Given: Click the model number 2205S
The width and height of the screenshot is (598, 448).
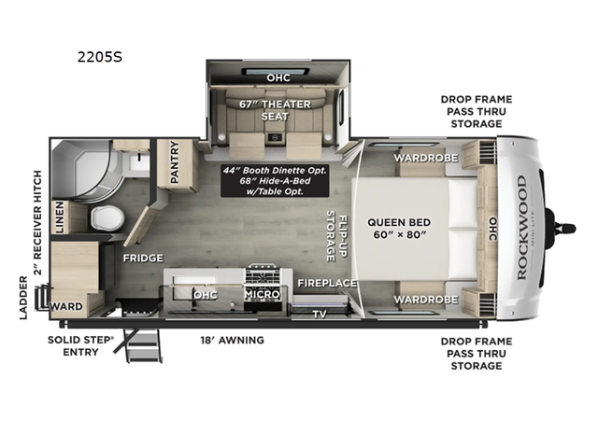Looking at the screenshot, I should [x=100, y=56].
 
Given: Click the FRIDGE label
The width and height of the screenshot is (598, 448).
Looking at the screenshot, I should [x=143, y=258].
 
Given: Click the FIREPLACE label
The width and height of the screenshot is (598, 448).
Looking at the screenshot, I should [x=327, y=283].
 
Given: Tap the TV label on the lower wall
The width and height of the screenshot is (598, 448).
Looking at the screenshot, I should [x=320, y=314].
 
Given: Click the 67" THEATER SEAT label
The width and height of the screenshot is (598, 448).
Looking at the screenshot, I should [x=278, y=109].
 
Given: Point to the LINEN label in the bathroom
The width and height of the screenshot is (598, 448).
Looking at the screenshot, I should [x=59, y=217].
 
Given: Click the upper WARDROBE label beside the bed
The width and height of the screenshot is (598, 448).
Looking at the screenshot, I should [x=425, y=158].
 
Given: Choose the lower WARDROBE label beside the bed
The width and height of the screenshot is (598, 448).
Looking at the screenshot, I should [x=425, y=300].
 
